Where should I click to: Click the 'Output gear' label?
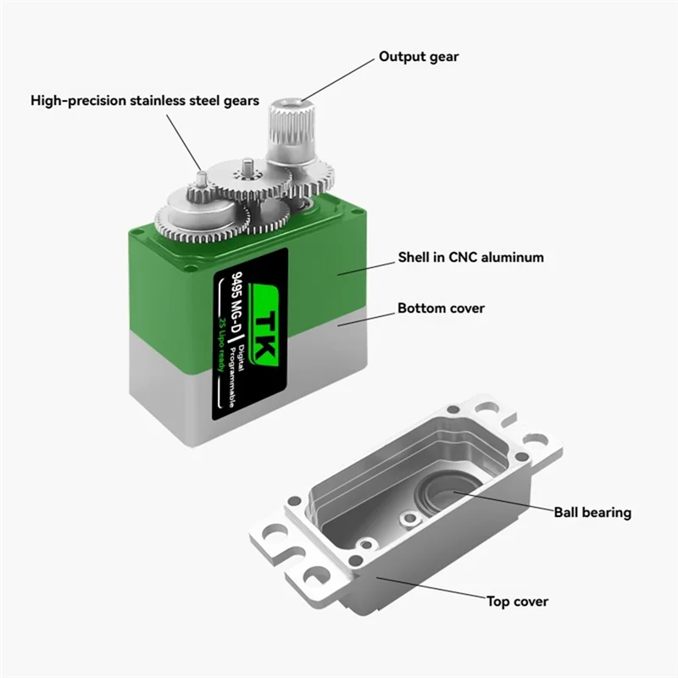pos(419,57)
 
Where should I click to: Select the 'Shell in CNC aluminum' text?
pos(470,257)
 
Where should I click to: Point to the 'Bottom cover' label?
pos(441,308)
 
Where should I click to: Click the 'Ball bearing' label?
pos(592,512)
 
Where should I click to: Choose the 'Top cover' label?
pos(517,602)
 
